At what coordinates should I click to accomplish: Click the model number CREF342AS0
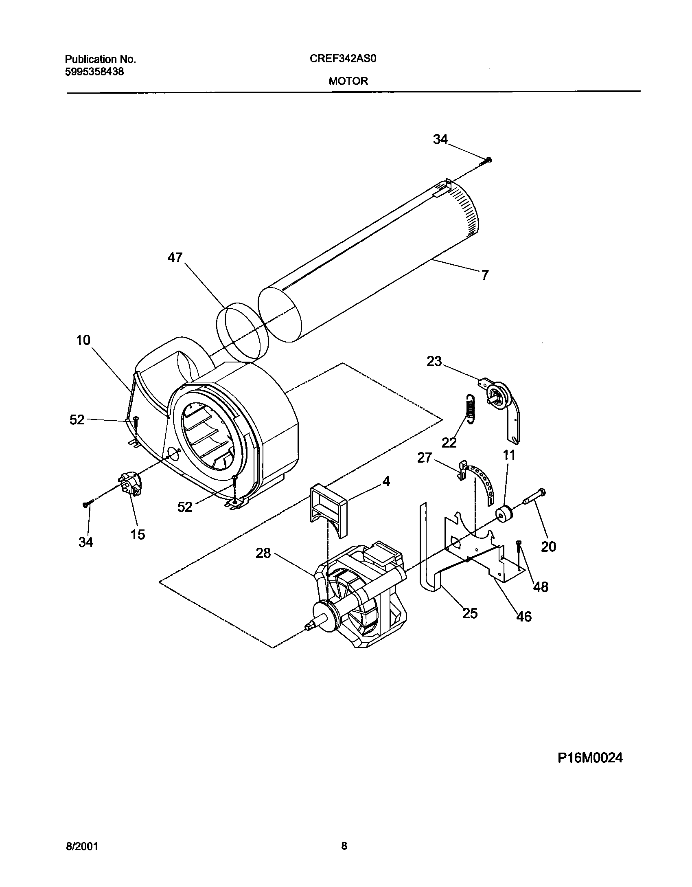[x=343, y=59]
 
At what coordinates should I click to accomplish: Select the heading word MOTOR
[x=348, y=81]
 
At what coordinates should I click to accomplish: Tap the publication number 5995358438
[x=94, y=72]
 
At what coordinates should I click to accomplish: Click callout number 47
[x=175, y=257]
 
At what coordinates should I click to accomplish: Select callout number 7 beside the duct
[x=484, y=276]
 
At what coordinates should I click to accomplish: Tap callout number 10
[x=83, y=340]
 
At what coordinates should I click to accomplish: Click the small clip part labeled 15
[x=131, y=484]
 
